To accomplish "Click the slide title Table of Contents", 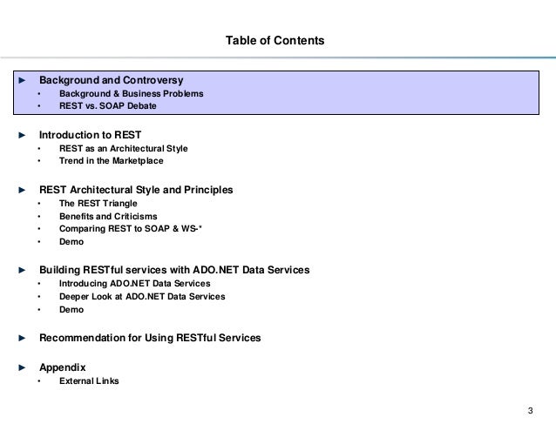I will (275, 40).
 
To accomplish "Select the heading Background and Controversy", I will (111, 79).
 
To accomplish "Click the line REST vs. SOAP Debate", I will (108, 106).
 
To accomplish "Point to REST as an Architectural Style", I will (123, 149).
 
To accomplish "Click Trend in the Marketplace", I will (111, 161).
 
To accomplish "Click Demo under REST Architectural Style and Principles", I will (71, 241).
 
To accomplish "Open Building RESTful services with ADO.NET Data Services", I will (174, 270).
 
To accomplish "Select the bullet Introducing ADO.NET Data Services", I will (129, 284).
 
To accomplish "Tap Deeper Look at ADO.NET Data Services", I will (141, 296).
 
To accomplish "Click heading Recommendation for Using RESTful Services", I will (149, 337).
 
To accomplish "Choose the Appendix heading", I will (62, 367).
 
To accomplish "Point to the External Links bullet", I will (90, 380).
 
